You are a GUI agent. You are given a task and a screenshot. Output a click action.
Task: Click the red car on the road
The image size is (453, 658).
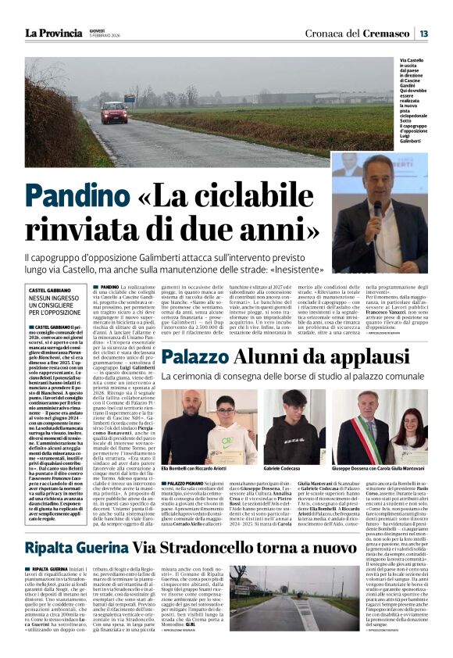click(113, 112)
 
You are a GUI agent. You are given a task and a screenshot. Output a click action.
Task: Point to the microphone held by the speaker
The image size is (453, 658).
click(377, 207)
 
